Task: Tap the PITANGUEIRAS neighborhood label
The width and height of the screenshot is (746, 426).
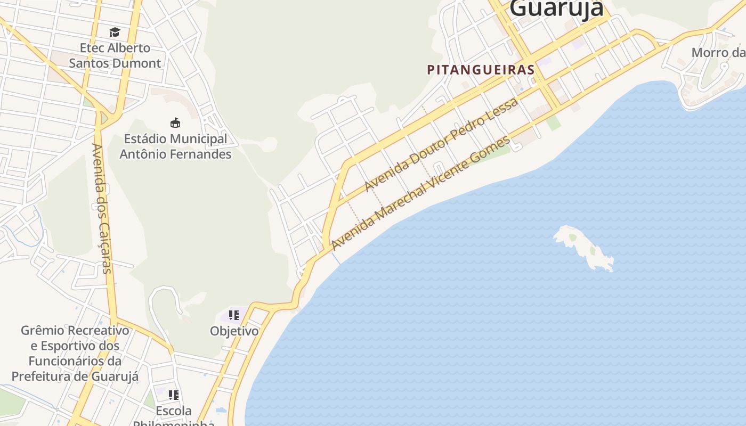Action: tap(481, 70)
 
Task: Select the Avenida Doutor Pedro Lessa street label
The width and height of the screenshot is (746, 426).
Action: tap(441, 144)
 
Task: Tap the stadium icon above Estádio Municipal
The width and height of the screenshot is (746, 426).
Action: tap(175, 123)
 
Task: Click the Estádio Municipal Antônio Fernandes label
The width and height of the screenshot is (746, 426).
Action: tap(175, 146)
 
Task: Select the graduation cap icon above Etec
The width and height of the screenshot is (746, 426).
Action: tap(115, 32)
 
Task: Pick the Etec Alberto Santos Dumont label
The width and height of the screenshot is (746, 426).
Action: tap(115, 55)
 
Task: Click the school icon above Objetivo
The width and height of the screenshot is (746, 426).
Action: tap(233, 315)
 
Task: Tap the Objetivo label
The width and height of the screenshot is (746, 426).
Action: tap(234, 331)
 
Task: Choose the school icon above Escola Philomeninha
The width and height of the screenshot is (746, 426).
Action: tap(173, 395)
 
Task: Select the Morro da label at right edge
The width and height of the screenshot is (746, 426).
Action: tap(717, 53)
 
